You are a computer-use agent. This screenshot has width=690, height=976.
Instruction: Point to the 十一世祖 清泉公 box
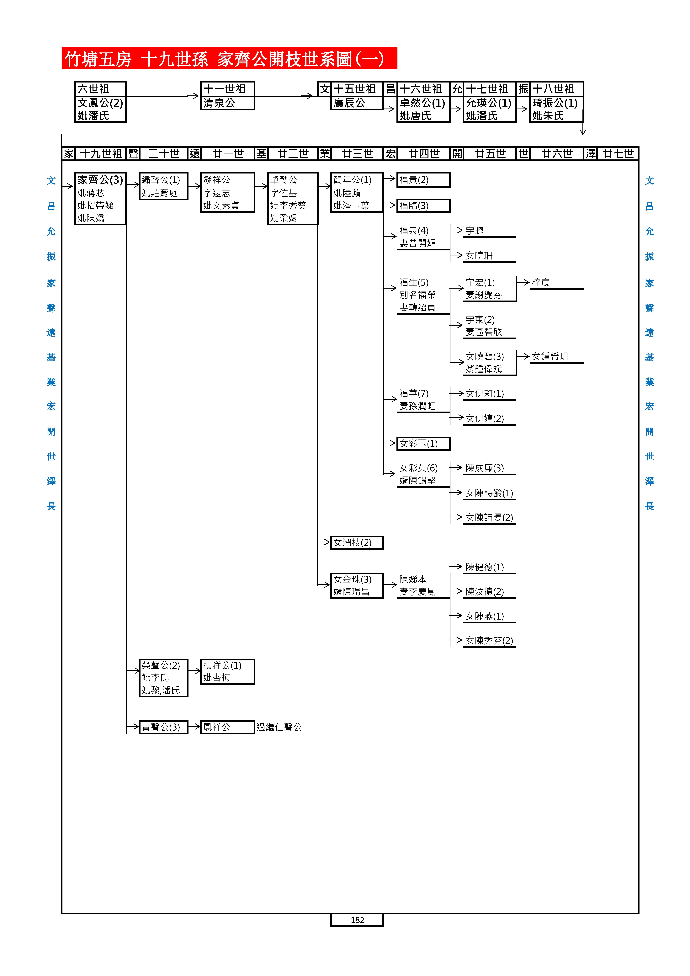pyautogui.click(x=227, y=96)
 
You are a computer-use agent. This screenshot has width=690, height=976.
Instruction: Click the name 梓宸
pyautogui.click(x=541, y=283)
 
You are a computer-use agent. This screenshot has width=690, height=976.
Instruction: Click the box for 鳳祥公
pyautogui.click(x=227, y=727)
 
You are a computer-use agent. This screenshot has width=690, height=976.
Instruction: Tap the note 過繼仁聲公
pyautogui.click(x=279, y=727)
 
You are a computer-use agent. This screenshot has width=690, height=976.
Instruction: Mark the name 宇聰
pyautogui.click(x=475, y=231)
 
